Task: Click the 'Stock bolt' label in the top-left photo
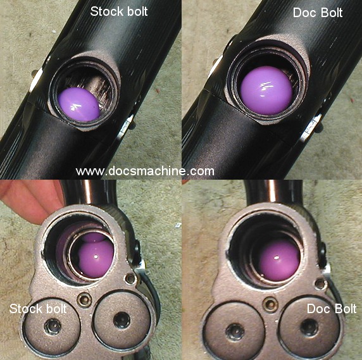(x=119, y=11)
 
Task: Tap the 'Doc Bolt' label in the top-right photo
(x=318, y=13)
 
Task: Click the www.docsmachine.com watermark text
(x=145, y=171)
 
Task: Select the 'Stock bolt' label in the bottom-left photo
(x=38, y=309)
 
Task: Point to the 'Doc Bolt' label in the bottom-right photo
(x=332, y=309)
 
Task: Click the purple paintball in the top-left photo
(x=78, y=104)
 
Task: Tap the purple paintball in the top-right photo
(x=266, y=90)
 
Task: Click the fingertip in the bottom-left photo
(x=30, y=203)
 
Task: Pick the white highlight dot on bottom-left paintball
(x=96, y=256)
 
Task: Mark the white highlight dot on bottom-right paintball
(x=276, y=258)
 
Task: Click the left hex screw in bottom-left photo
(x=53, y=326)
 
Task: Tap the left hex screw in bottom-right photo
(x=235, y=332)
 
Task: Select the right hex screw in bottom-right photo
(x=309, y=327)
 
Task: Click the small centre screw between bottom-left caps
(x=84, y=299)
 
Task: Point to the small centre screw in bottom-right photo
(x=270, y=304)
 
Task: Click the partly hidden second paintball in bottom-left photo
(x=94, y=237)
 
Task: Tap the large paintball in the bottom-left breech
(x=96, y=259)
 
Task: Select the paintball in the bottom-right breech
(x=279, y=260)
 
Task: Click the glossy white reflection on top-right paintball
(x=265, y=88)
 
